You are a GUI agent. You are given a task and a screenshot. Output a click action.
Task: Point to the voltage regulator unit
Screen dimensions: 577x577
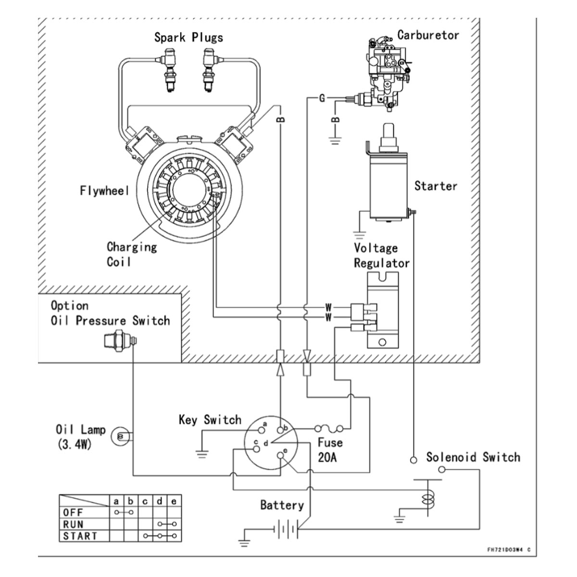coord(383,310)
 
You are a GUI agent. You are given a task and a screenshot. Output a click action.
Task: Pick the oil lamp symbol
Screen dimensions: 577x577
coord(119,437)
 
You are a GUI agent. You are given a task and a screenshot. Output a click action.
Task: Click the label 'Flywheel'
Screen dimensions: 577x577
coord(104,191)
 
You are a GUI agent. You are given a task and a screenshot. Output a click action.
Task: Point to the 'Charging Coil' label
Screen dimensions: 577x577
coord(131,254)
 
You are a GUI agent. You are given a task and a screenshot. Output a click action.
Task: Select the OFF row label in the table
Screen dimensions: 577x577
coord(73,513)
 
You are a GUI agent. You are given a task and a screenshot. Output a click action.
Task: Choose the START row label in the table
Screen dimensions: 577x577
coord(80,536)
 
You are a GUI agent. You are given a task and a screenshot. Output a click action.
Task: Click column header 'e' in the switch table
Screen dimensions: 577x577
coord(174,502)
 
